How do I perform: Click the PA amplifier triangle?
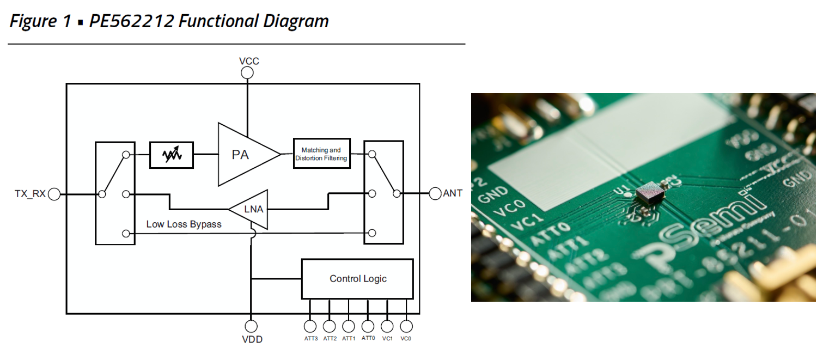(x=242, y=154)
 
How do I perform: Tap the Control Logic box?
(x=357, y=279)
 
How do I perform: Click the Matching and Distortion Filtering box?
(x=321, y=154)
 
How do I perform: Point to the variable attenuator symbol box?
(x=171, y=155)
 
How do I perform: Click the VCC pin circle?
(x=247, y=73)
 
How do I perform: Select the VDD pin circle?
(x=251, y=326)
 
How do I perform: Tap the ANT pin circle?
(x=435, y=193)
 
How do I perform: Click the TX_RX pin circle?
(x=54, y=194)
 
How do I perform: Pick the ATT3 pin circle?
(x=310, y=326)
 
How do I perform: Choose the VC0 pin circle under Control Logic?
(x=406, y=326)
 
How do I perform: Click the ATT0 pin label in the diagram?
(x=368, y=338)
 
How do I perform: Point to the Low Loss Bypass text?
(x=184, y=224)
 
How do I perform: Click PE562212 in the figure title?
(x=132, y=21)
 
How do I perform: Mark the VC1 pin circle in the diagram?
(x=387, y=326)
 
